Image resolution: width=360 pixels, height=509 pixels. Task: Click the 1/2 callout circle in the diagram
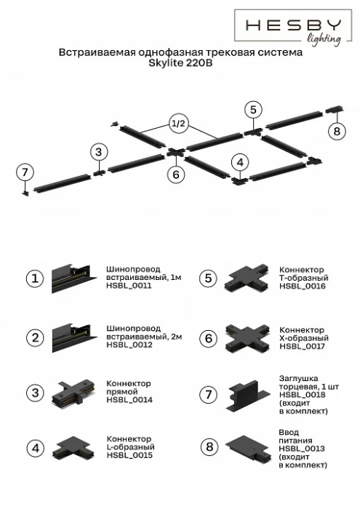179,124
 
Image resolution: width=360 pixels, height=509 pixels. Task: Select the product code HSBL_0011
129,286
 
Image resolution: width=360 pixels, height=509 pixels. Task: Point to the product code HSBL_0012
129,345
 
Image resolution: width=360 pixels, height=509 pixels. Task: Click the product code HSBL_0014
129,401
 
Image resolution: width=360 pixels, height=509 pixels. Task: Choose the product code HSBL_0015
129,456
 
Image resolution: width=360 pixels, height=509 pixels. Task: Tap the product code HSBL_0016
302,286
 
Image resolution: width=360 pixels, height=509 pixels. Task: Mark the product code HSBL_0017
302,346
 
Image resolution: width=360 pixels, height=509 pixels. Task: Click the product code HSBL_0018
302,395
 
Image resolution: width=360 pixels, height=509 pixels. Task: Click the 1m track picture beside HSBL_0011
71,278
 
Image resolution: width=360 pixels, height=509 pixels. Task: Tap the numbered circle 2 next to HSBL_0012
34,337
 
